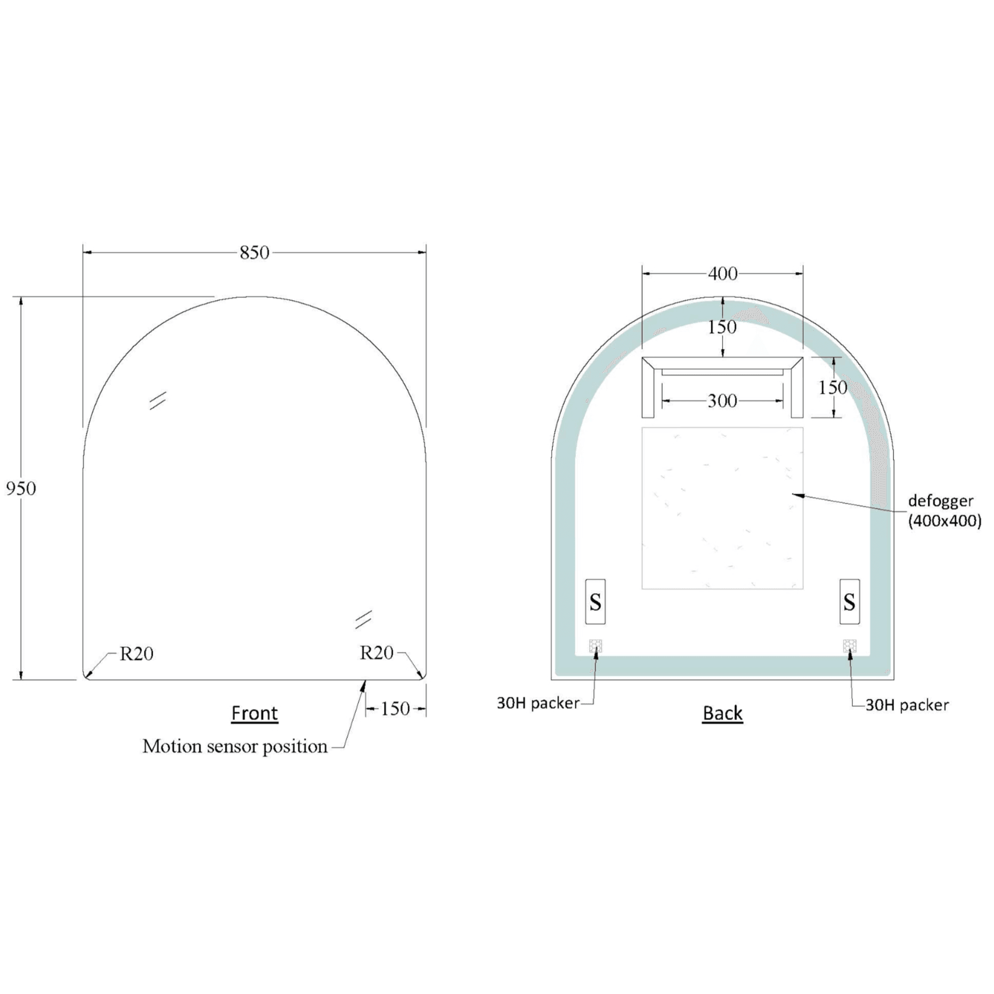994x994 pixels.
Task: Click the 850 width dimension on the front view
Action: (254, 253)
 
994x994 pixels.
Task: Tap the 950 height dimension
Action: (21, 489)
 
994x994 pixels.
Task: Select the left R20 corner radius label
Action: (136, 654)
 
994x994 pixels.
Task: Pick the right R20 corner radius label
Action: (377, 653)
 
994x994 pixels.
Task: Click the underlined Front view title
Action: (254, 712)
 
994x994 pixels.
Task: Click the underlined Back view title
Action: (722, 712)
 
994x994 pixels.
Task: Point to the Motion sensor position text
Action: (235, 746)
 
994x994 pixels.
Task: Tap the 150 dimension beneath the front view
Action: (395, 709)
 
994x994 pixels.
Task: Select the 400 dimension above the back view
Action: (722, 273)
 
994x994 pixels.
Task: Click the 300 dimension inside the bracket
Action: (722, 402)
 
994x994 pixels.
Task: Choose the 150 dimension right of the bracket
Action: (833, 388)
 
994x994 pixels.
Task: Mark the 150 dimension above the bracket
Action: (722, 327)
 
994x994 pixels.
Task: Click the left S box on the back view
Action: (595, 602)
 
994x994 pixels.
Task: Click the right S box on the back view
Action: (849, 602)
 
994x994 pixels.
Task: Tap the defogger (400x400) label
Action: (944, 511)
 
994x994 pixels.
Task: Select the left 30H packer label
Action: (538, 703)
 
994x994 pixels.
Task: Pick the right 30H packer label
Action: (907, 705)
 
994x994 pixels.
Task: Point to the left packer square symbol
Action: (595, 646)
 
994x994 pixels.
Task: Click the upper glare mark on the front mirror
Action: (158, 401)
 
